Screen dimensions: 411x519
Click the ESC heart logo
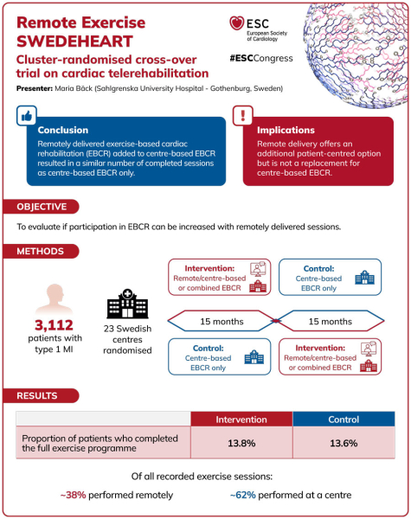coord(236,23)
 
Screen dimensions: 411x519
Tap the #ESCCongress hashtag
coord(261,58)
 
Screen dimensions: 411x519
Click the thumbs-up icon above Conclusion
coord(27,116)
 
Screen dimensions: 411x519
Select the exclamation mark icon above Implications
coord(243,116)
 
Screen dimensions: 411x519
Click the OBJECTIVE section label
coord(42,207)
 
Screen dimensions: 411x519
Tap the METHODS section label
coord(40,251)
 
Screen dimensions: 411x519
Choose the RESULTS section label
coord(37,395)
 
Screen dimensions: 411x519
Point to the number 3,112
coord(54,325)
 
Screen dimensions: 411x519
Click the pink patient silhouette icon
coord(55,299)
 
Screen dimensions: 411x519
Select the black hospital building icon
coord(127,304)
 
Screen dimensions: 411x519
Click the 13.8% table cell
coord(241,443)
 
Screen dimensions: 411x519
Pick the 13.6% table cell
coord(344,443)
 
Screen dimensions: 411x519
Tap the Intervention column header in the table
coord(241,420)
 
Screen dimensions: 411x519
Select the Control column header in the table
coord(344,420)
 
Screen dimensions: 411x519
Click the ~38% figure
coord(74,495)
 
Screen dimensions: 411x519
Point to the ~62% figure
coord(243,495)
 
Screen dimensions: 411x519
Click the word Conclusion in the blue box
coord(63,130)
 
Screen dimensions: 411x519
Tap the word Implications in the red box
coord(286,130)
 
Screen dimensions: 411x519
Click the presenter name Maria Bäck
coord(74,88)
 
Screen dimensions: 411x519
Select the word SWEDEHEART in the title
coord(75,42)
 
